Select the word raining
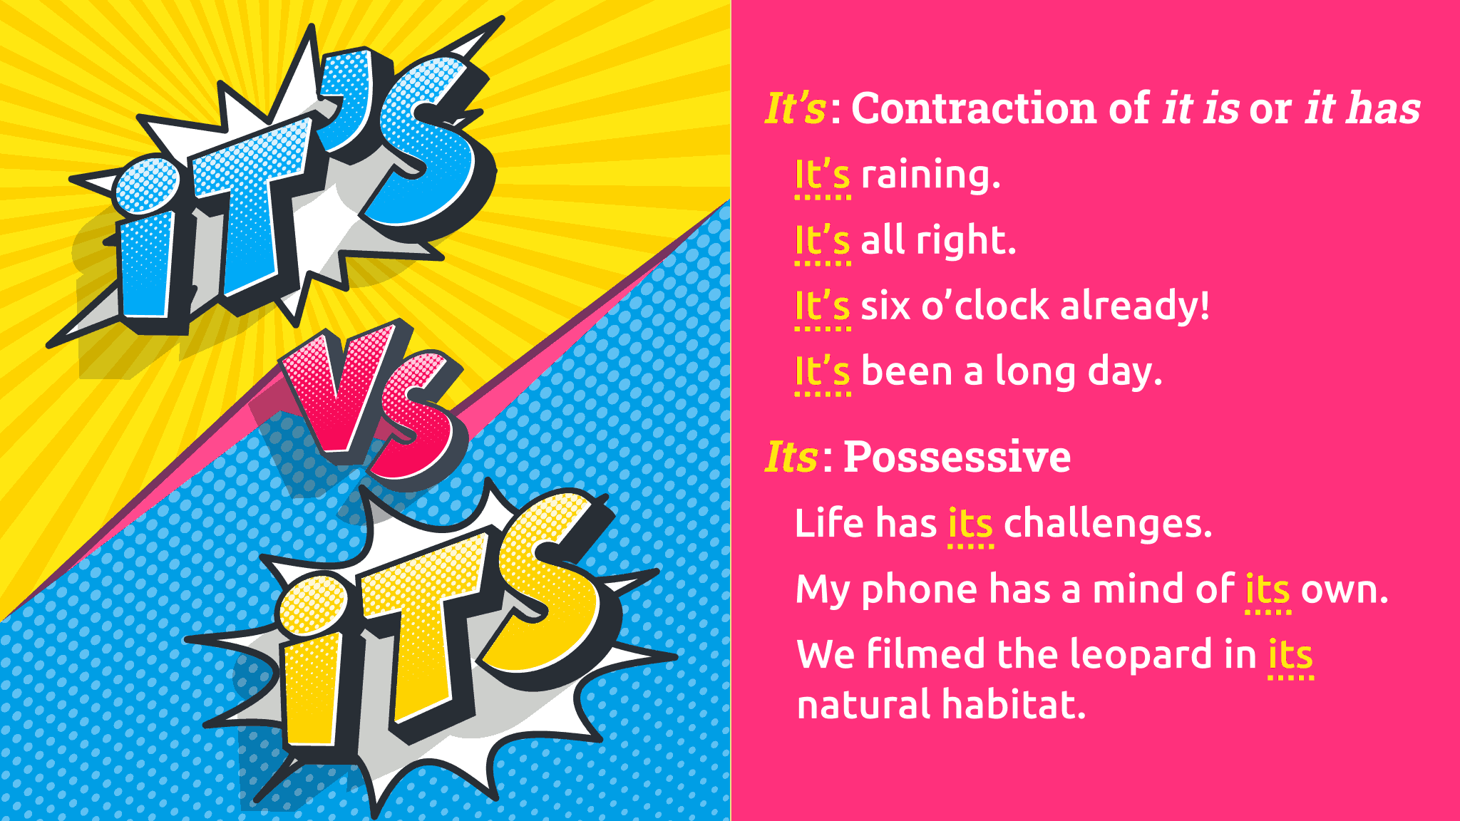coord(931,175)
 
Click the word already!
coord(1135,306)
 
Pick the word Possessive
coord(957,457)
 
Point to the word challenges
coord(1108,525)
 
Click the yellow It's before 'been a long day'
coord(823,372)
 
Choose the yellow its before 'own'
coord(1268,590)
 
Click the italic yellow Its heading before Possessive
coord(791,457)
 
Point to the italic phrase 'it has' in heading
coord(1362,108)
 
